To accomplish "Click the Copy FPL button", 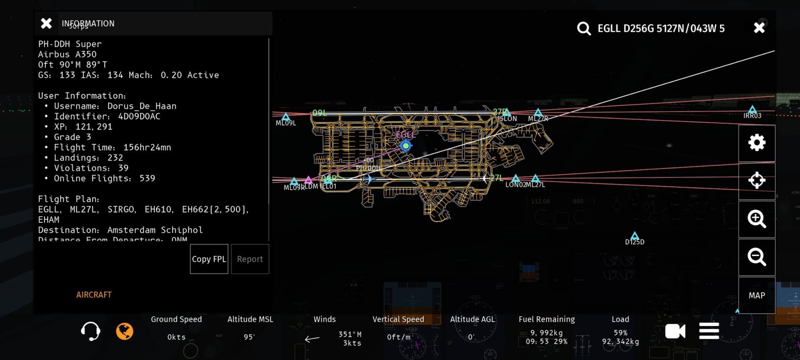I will pos(209,259).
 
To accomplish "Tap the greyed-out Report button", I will pos(250,259).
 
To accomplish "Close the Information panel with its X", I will pos(46,23).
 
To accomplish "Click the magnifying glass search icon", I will pos(583,29).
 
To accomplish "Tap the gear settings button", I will pos(757,143).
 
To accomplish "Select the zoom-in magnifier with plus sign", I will pos(757,219).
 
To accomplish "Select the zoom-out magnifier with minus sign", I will pos(757,257).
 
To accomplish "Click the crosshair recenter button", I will pos(757,181).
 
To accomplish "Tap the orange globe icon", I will pos(125,332).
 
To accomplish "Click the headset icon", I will pos(90,332).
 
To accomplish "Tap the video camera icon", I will pos(675,332).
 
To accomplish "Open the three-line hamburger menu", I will pos(709,331).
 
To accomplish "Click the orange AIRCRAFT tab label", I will pos(94,295).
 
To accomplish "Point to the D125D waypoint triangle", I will pos(635,236).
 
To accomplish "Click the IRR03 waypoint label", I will pos(752,116).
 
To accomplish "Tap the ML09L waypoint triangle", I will pos(286,117).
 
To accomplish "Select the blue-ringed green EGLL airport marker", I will pos(405,146).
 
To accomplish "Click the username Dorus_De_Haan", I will pos(142,106).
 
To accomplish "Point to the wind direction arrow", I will pos(312,339).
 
